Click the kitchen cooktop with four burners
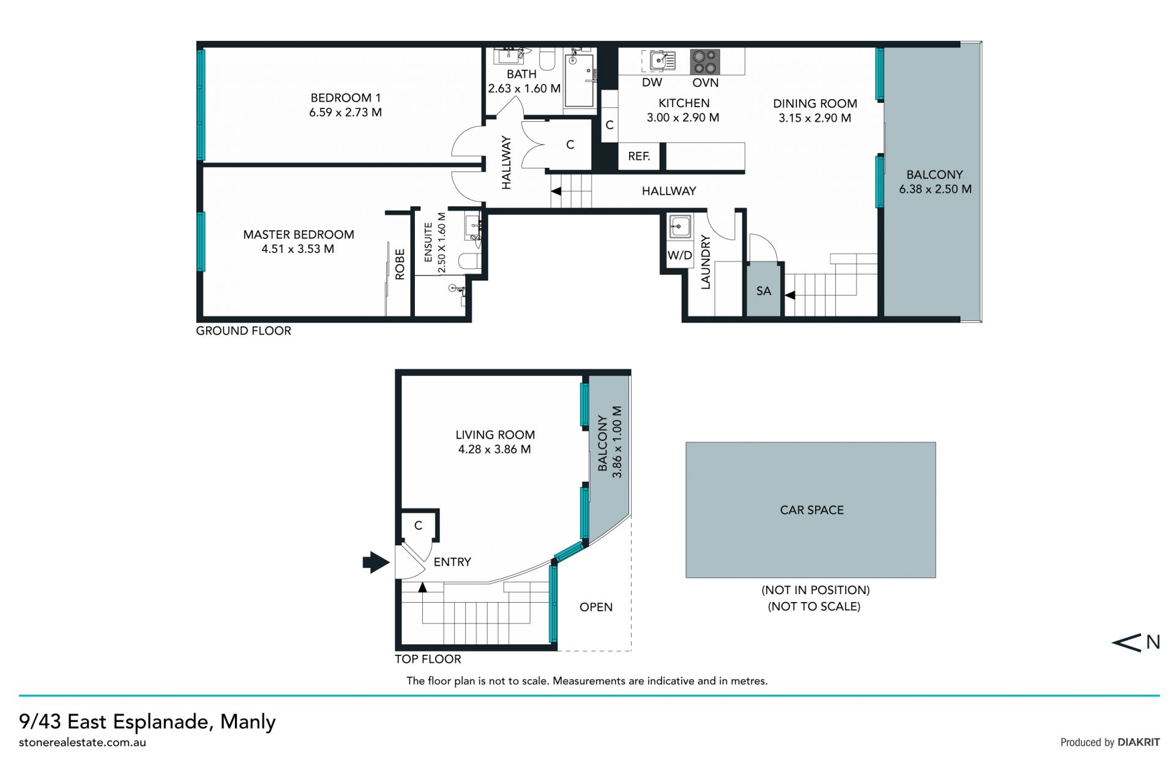coord(704,62)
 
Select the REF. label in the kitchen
coord(639,156)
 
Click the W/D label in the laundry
coord(680,255)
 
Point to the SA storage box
coord(764,290)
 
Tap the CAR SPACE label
coord(811,510)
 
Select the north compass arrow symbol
coord(1126,642)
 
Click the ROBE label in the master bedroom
coord(400,264)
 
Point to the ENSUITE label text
coord(428,241)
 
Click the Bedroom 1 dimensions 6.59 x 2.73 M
coord(345,112)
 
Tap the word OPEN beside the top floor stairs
coord(596,607)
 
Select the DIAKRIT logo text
coord(1138,742)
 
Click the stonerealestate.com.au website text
coord(83,742)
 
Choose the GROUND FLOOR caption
coord(244,331)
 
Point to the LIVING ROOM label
coord(495,435)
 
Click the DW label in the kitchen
coord(652,83)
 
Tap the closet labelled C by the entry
coord(419,526)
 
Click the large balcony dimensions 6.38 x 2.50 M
coord(935,189)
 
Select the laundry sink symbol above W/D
coord(680,227)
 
